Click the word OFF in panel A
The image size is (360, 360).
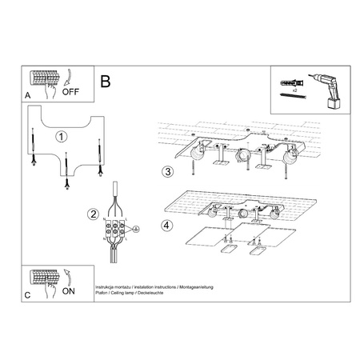(x=70, y=91)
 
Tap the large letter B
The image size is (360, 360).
(x=106, y=81)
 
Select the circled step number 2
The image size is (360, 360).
(x=94, y=214)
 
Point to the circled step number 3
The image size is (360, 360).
(x=166, y=171)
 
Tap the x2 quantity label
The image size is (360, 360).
(x=295, y=93)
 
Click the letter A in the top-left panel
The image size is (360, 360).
(x=28, y=95)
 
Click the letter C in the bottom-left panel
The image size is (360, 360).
(x=28, y=296)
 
